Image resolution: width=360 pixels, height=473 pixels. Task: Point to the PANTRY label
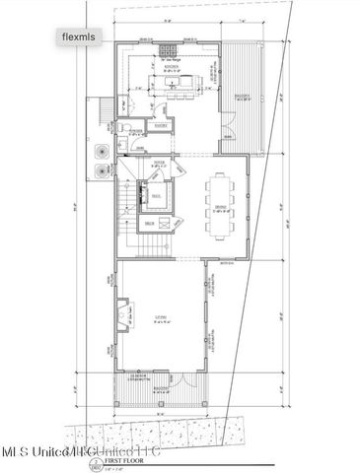[163, 126]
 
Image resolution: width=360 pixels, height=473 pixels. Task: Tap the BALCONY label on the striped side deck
[244, 98]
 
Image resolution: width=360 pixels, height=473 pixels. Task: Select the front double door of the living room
[164, 372]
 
